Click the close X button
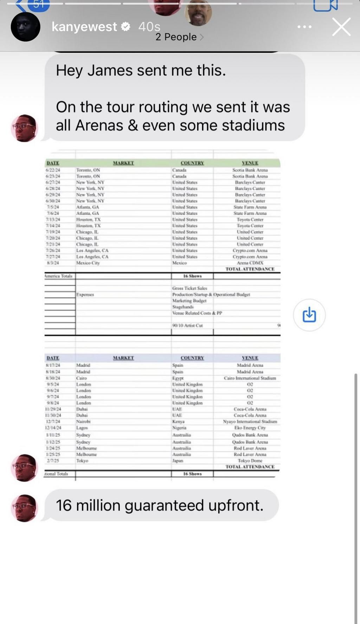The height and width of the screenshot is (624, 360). pyautogui.click(x=341, y=27)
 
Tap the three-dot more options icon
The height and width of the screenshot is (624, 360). pyautogui.click(x=304, y=27)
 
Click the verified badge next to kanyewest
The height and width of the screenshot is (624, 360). pyautogui.click(x=126, y=26)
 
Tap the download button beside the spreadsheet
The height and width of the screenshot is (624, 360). pyautogui.click(x=309, y=315)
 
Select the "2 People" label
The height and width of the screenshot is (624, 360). pyautogui.click(x=176, y=37)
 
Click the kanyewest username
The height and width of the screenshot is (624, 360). pyautogui.click(x=84, y=27)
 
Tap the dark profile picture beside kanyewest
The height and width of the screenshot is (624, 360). pyautogui.click(x=25, y=27)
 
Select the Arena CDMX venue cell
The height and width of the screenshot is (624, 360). pyautogui.click(x=250, y=263)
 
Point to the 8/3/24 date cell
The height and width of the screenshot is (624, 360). pyautogui.click(x=53, y=263)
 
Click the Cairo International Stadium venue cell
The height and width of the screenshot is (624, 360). pyautogui.click(x=250, y=378)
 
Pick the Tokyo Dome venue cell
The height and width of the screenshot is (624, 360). pyautogui.click(x=250, y=461)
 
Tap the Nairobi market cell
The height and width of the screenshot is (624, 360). pyautogui.click(x=83, y=422)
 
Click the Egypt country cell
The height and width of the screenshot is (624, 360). pyautogui.click(x=178, y=378)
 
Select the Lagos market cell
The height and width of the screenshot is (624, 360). pyautogui.click(x=82, y=428)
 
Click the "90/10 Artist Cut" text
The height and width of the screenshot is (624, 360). pyautogui.click(x=187, y=326)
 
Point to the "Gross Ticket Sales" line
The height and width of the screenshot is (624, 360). pyautogui.click(x=189, y=288)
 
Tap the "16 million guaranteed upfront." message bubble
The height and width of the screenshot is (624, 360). pyautogui.click(x=160, y=505)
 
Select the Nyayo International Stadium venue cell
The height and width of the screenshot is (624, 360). pyautogui.click(x=250, y=422)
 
